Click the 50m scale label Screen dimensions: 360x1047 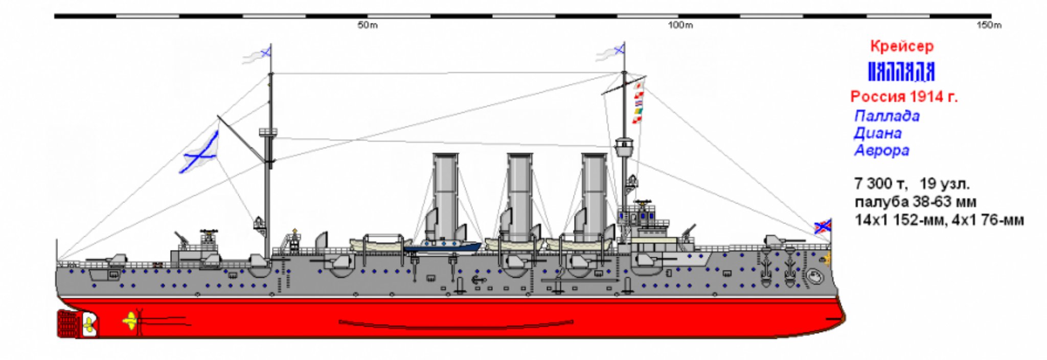(368, 26)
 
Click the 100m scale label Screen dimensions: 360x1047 (680, 26)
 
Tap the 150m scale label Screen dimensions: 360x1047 (989, 26)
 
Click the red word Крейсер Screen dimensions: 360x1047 (902, 47)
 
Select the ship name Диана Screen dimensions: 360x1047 (877, 133)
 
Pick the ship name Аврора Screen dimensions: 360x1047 (881, 151)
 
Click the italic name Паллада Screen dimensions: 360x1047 (886, 116)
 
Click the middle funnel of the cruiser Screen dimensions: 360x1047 (519, 197)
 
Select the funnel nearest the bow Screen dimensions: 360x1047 (594, 197)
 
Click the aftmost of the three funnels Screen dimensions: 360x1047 (445, 197)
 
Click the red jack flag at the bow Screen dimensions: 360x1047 (823, 226)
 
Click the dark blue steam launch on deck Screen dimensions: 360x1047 (443, 246)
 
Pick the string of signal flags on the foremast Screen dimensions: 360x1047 (638, 102)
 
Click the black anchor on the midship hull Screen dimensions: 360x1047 (477, 280)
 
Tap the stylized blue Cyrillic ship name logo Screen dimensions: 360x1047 (901, 72)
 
